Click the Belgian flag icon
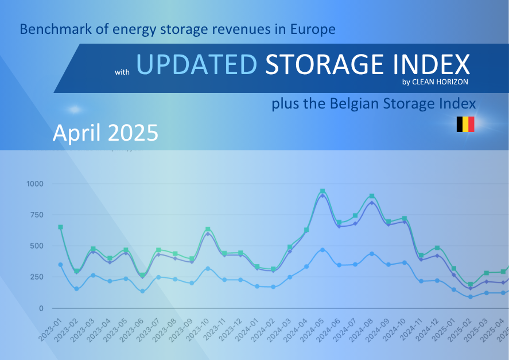pos(465,124)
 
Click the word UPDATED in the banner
pos(196,65)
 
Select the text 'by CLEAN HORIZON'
pos(435,82)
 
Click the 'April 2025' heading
pos(105,133)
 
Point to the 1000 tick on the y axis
pos(35,184)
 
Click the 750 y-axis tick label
pos(37,215)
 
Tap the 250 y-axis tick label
pos(37,277)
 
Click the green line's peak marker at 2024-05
pos(323,191)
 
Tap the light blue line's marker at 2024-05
pos(323,250)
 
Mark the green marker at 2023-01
pos(60,227)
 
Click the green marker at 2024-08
pos(372,196)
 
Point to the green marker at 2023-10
pos(208,229)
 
